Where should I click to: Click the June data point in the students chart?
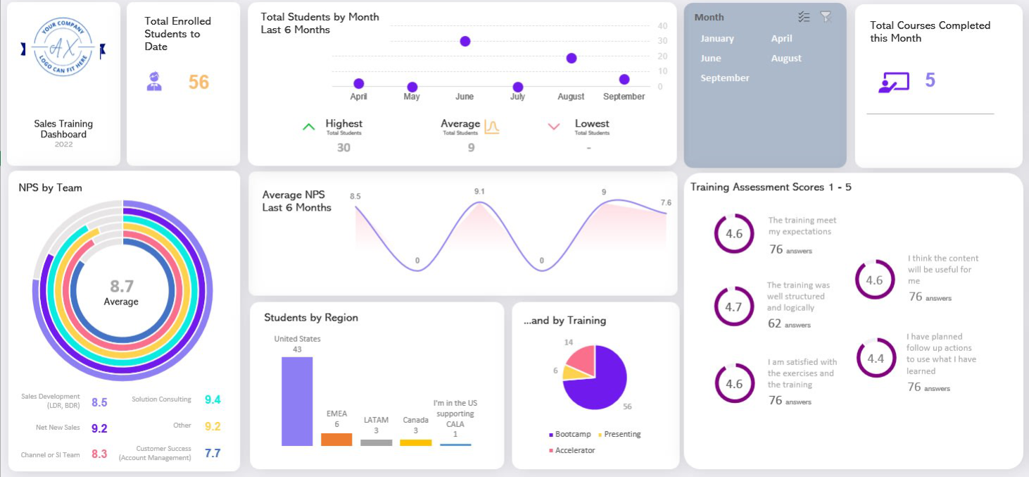(465, 42)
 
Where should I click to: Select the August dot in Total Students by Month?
(572, 58)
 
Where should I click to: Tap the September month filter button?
(725, 78)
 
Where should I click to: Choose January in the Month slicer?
(716, 39)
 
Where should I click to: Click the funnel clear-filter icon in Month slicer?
(826, 17)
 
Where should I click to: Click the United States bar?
(297, 401)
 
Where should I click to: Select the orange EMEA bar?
(336, 439)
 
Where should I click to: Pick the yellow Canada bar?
(415, 442)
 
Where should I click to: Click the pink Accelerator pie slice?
(582, 360)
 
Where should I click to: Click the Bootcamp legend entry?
(569, 434)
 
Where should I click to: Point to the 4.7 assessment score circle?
(733, 307)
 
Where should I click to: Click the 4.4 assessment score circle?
(876, 359)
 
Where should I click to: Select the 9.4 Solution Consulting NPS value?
(213, 400)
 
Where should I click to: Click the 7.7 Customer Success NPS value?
(213, 453)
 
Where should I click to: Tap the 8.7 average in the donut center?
(122, 286)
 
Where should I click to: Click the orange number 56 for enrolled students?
(198, 82)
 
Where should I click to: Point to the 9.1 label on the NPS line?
(479, 192)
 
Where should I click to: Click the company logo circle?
(63, 49)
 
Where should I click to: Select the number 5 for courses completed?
(930, 80)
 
